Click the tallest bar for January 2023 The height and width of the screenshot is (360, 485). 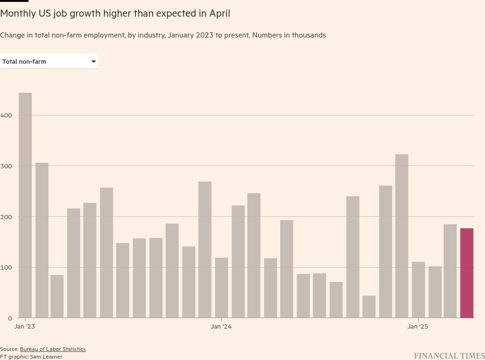click(x=25, y=204)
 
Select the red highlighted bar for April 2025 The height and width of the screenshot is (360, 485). click(x=466, y=273)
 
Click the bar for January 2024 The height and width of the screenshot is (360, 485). click(x=222, y=288)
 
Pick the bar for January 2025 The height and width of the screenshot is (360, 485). click(x=418, y=290)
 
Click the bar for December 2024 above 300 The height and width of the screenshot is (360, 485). click(x=402, y=235)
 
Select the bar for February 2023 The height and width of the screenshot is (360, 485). click(x=42, y=240)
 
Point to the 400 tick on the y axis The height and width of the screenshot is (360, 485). click(x=6, y=115)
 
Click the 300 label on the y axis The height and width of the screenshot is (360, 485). click(x=6, y=166)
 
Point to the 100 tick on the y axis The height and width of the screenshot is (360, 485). click(x=6, y=267)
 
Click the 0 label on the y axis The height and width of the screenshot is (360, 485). click(x=10, y=318)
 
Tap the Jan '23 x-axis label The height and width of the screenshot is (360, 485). click(x=25, y=326)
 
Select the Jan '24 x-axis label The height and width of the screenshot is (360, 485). click(x=221, y=326)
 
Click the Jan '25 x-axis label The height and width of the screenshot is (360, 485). click(x=418, y=326)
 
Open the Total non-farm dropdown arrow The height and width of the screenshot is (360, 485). click(x=94, y=61)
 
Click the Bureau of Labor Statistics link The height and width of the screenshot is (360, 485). click(x=53, y=349)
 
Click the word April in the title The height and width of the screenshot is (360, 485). click(x=220, y=13)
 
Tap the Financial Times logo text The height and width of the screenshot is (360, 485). click(x=449, y=356)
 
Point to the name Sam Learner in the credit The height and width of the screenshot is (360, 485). click(x=46, y=357)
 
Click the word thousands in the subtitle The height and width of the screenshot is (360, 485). click(x=310, y=35)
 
